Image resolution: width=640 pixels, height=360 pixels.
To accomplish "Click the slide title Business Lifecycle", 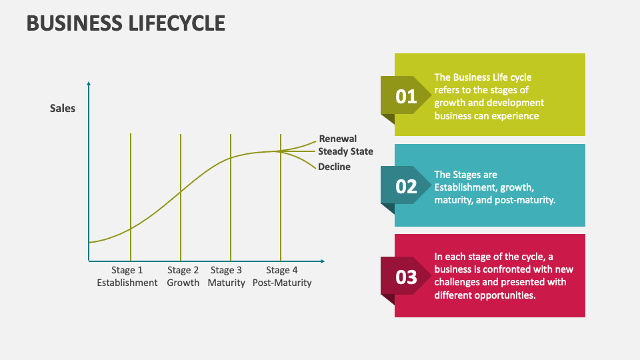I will (125, 23).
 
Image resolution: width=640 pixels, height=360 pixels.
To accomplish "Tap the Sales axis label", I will (63, 108).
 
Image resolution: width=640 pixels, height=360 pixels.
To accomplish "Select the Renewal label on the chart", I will (337, 139).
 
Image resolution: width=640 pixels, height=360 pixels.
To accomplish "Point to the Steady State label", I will (345, 151).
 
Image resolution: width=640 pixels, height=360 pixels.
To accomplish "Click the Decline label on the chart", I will (334, 167).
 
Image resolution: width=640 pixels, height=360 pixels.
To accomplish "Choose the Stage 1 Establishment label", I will (127, 277).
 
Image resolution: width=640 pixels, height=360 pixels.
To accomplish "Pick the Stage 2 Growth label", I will (183, 277).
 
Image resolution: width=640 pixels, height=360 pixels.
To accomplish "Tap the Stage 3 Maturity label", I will (226, 277).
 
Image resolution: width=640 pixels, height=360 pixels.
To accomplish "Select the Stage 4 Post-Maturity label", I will (282, 277).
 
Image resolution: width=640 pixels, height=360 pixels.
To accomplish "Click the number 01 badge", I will (406, 97).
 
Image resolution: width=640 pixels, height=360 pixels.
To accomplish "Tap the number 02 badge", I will (406, 187).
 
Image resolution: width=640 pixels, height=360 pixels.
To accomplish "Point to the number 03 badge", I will (406, 277).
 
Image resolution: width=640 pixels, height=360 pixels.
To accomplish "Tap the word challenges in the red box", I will (461, 282).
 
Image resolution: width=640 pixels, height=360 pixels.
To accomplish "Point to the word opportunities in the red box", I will (503, 295).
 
